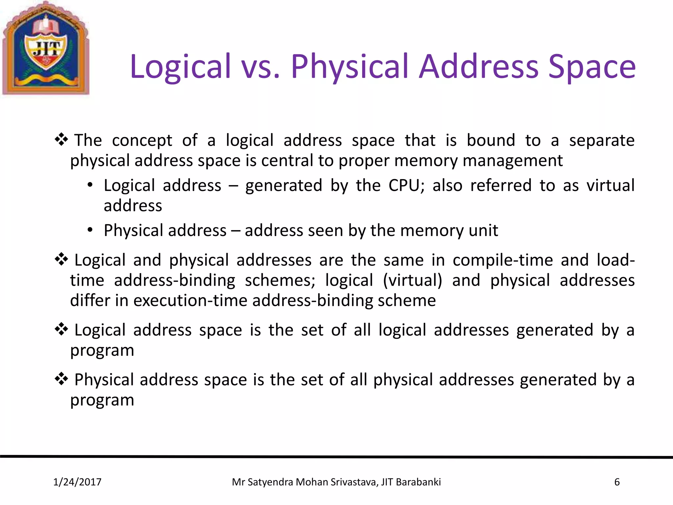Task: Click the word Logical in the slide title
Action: (180, 67)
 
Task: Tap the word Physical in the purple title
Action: (350, 67)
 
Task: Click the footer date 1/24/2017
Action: (77, 482)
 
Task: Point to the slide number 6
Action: (617, 482)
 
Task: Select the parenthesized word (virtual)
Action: (412, 280)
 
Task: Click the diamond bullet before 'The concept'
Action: (61, 140)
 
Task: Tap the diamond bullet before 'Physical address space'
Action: (61, 379)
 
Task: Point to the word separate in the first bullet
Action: (601, 140)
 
